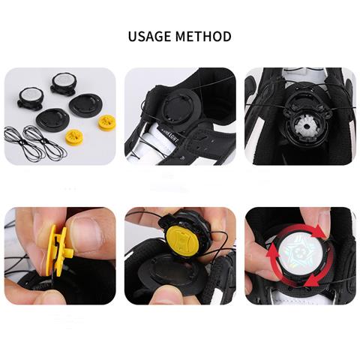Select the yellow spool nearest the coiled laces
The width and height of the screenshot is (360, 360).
pos(74,136)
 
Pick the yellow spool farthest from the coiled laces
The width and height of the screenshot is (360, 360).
pos(106,121)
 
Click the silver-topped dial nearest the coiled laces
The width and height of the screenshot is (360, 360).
pos(30,96)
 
